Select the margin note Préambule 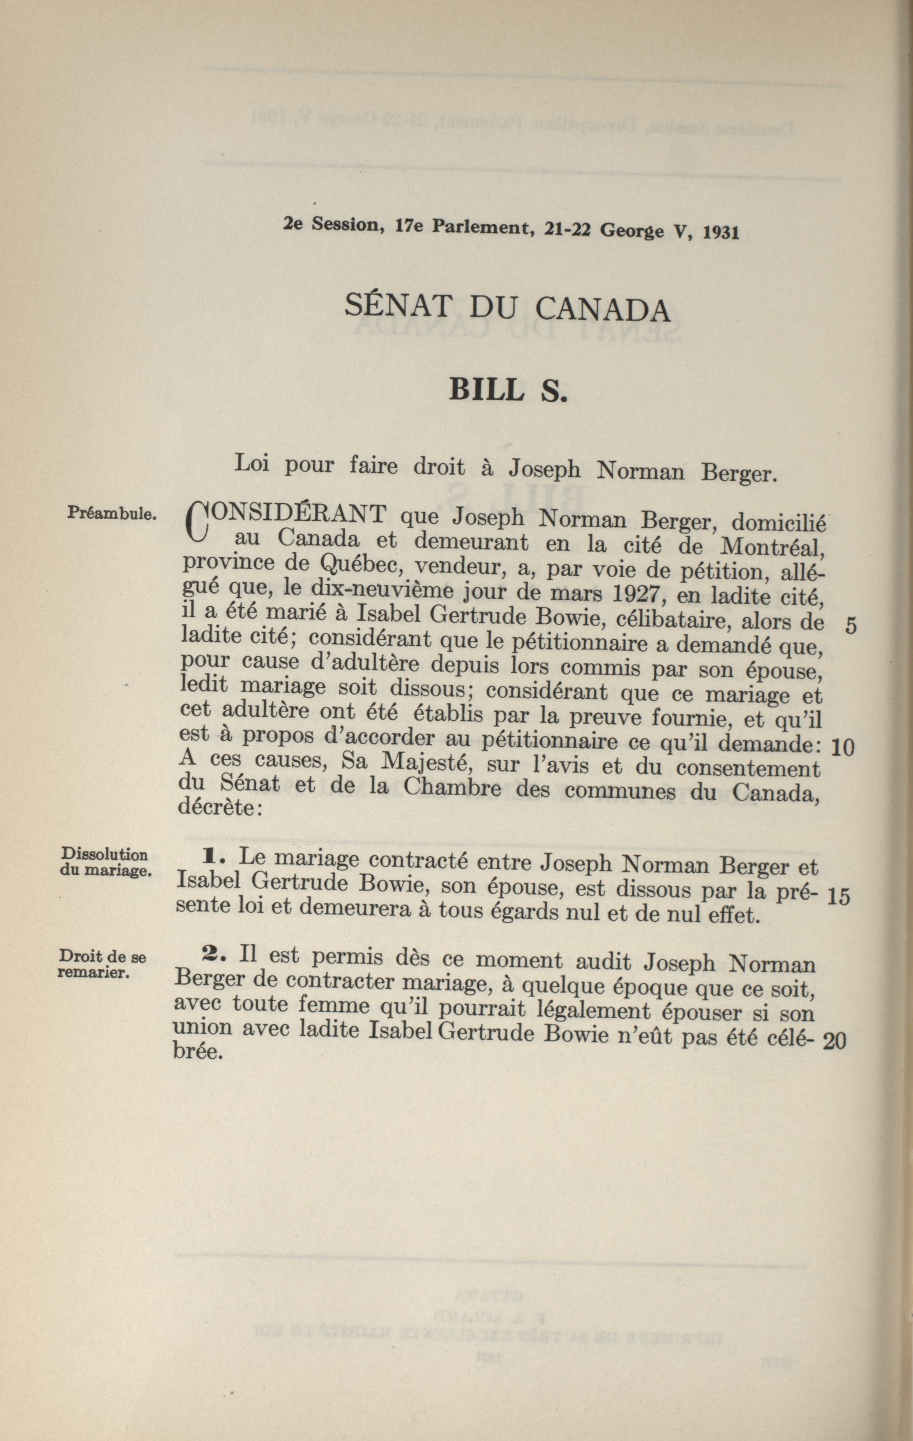tap(112, 513)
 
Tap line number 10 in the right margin tap(843, 747)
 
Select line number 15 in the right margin tap(838, 896)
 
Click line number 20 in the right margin tap(834, 1042)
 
